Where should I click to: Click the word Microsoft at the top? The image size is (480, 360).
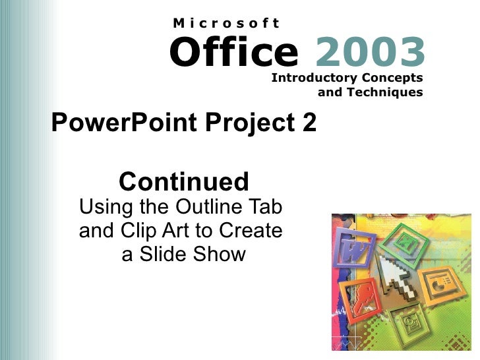tap(226, 23)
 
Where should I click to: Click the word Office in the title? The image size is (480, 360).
tap(233, 53)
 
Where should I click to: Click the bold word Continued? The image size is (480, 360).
tap(184, 181)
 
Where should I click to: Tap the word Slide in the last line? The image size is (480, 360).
tap(167, 254)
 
